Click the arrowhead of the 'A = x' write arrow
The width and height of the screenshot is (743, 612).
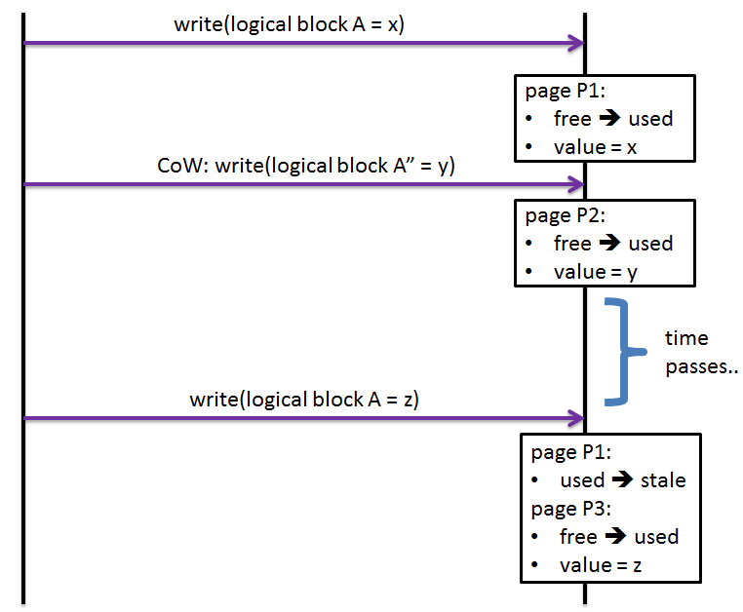click(575, 43)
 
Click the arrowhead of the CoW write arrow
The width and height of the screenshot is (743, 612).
click(575, 183)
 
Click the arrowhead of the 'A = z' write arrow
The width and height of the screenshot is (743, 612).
click(575, 418)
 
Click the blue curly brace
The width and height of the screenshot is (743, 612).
click(620, 351)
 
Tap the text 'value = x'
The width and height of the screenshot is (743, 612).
click(595, 147)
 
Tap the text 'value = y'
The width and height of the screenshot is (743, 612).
click(595, 272)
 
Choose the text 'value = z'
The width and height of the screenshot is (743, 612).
click(600, 565)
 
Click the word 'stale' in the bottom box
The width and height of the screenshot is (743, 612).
click(663, 480)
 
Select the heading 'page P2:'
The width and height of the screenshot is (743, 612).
click(565, 215)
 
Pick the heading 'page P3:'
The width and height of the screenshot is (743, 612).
click(570, 509)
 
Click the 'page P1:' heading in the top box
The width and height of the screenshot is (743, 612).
click(565, 91)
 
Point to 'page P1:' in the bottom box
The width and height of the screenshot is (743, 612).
click(570, 452)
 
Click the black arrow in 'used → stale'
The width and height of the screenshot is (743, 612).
click(624, 480)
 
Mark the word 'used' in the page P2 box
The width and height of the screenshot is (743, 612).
click(650, 244)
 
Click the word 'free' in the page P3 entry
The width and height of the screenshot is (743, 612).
click(578, 537)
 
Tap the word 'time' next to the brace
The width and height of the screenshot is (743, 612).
click(686, 338)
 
